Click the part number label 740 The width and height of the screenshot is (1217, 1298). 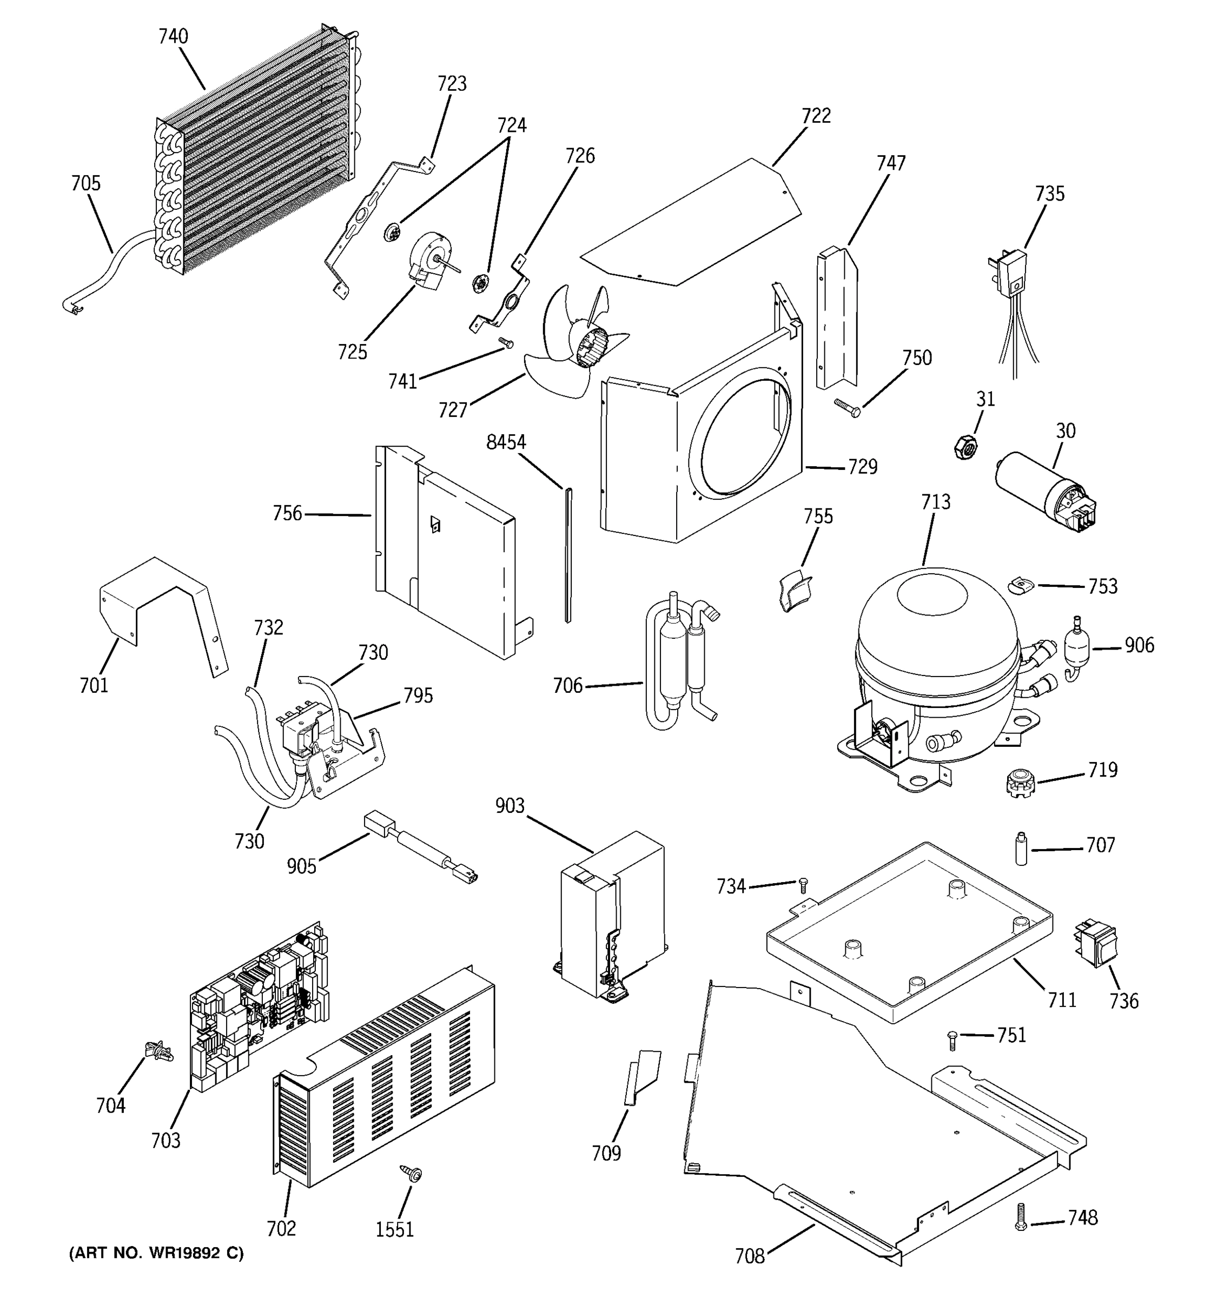pyautogui.click(x=173, y=37)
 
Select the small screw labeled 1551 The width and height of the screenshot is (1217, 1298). pyautogui.click(x=413, y=1173)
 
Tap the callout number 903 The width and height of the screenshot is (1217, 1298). pyautogui.click(x=510, y=806)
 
